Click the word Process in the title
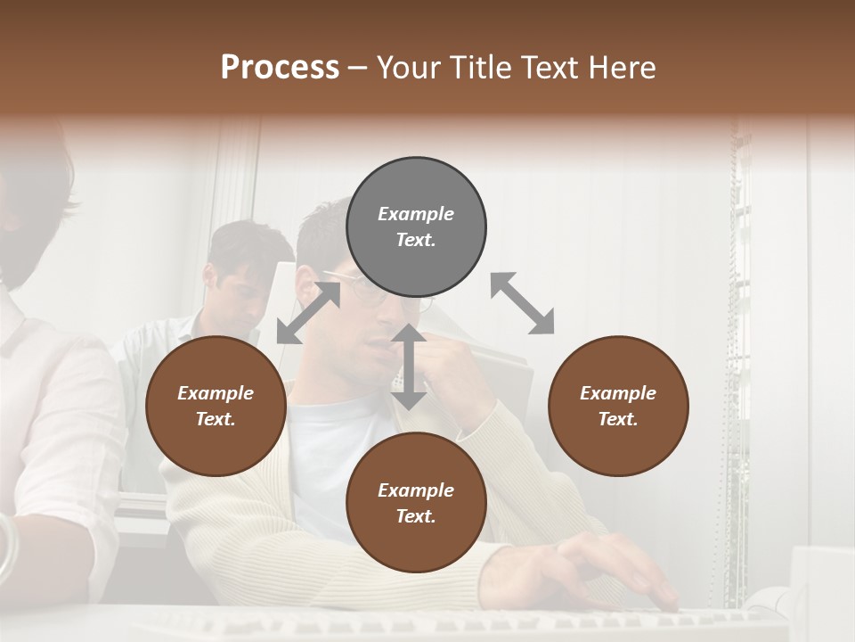coord(280,68)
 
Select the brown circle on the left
coord(216,406)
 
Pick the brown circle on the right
coord(618,406)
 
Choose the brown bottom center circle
coord(416,503)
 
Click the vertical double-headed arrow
coord(409,366)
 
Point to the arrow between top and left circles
coord(308,313)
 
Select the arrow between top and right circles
coord(522,303)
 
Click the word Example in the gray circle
coord(416,214)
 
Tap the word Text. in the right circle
coord(618,419)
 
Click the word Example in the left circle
coord(216,393)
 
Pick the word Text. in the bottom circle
coord(416,516)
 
